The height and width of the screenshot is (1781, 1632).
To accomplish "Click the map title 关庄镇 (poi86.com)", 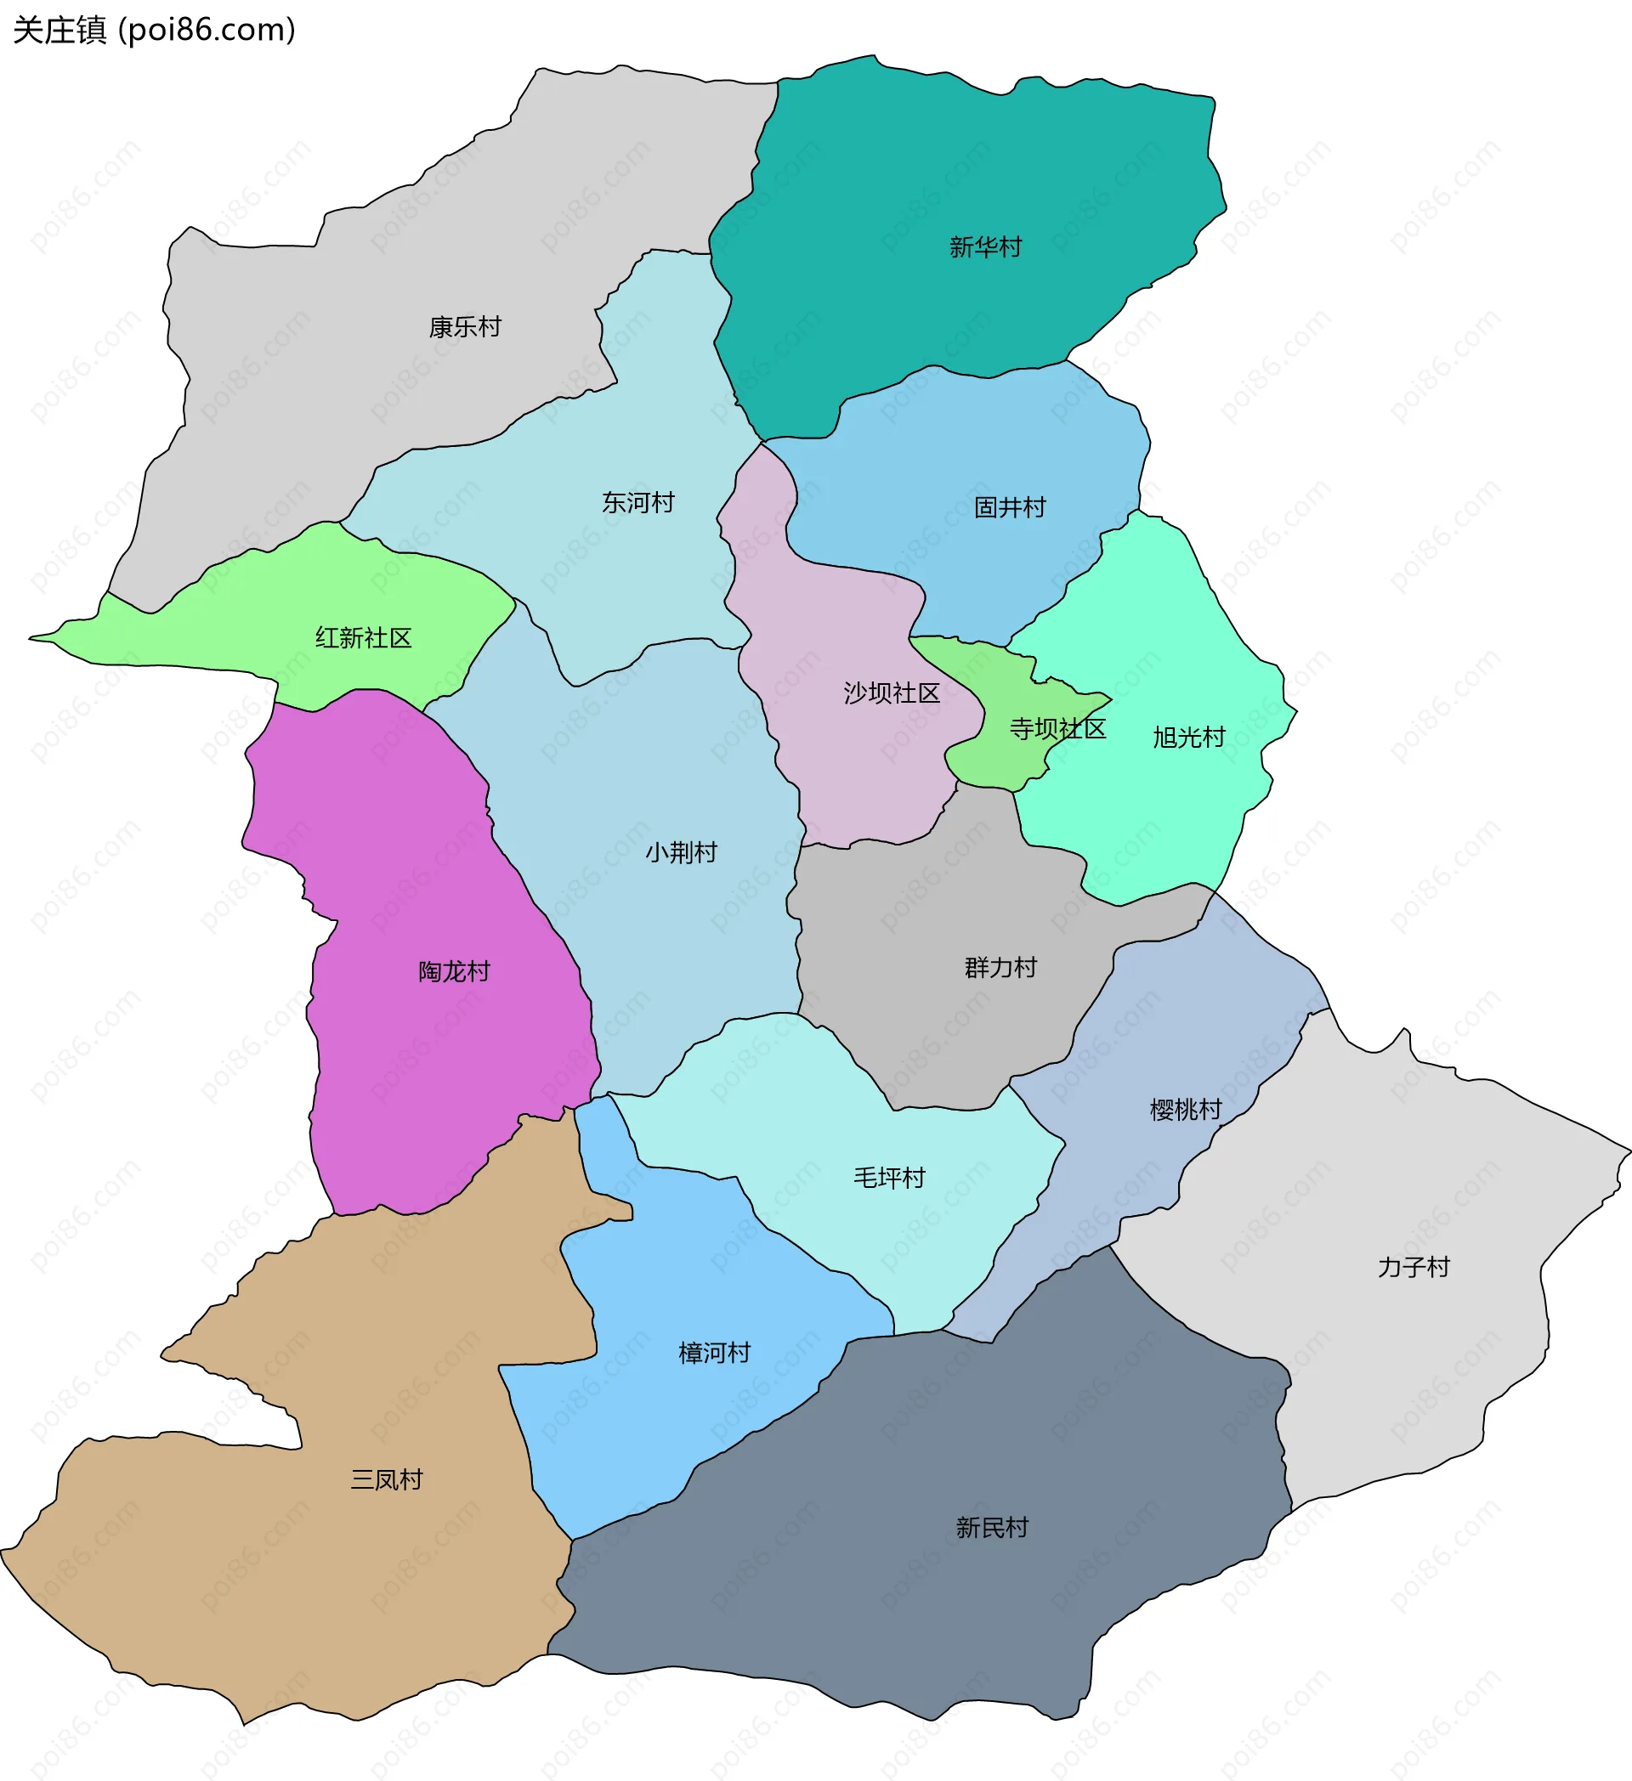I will click(154, 30).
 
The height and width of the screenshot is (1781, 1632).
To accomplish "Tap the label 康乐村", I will click(465, 328).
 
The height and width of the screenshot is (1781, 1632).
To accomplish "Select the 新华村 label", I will click(985, 247).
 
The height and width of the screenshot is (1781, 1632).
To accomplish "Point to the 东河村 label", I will click(638, 503).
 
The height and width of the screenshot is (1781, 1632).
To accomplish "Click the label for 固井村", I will click(1009, 508).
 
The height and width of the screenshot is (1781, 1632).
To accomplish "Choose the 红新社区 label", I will click(363, 638).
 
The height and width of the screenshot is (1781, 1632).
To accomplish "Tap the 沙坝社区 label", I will click(891, 693).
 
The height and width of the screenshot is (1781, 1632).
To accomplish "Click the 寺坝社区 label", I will click(1057, 729).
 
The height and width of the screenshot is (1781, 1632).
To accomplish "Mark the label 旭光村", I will click(1188, 738).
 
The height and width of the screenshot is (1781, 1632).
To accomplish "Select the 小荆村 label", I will click(680, 852).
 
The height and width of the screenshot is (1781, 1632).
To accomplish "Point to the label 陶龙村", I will click(453, 972).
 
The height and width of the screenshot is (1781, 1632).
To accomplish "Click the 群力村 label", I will click(1000, 968).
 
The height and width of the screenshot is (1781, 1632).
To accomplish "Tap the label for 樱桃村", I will click(1185, 1110).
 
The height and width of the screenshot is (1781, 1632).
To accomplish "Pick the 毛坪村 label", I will click(888, 1178).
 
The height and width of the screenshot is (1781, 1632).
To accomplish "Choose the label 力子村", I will click(1413, 1268).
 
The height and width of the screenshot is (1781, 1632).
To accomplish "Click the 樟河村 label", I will click(714, 1354).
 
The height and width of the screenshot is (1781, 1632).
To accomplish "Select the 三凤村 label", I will click(386, 1479).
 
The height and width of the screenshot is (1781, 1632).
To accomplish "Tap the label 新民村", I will click(991, 1528).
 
